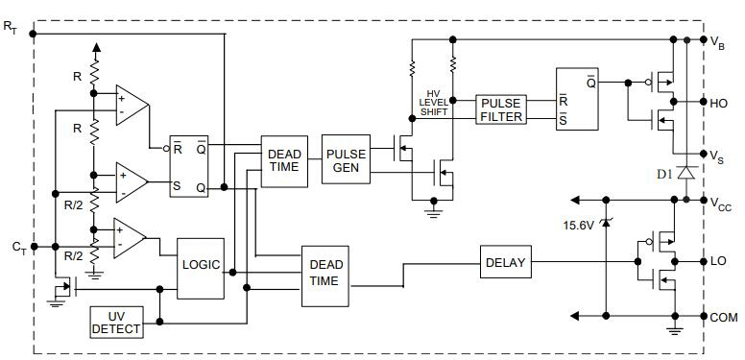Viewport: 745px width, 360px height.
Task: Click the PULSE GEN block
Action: point(346,158)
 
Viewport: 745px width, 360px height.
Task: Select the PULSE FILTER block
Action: point(500,109)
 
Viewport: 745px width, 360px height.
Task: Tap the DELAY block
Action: point(505,262)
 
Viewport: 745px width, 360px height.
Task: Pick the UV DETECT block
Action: point(115,323)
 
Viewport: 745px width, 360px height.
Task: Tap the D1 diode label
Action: point(663,174)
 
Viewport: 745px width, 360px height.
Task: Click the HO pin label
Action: point(718,102)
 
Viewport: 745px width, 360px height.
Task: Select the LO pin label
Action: point(718,261)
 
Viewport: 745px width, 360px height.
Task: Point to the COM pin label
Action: point(722,316)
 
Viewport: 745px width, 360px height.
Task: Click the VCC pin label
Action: point(721,204)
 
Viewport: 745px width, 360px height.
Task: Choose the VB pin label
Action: point(716,41)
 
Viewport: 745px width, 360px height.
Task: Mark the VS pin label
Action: point(716,156)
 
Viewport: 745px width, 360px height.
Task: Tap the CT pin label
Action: point(18,248)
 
